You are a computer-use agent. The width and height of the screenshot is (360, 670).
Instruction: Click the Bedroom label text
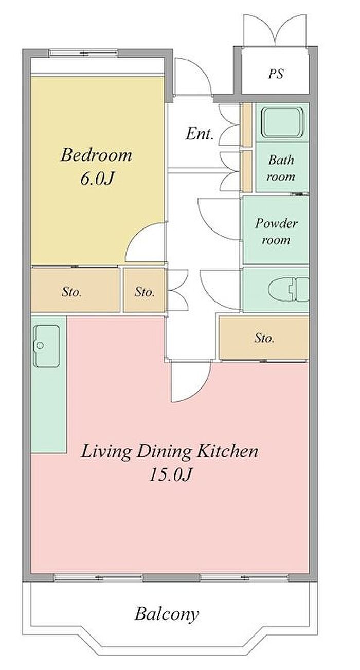coord(96,155)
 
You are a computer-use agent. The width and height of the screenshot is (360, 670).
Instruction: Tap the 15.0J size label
coord(170,474)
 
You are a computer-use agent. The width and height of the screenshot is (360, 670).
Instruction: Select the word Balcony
coord(167,607)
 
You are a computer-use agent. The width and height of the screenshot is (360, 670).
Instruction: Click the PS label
coord(276,74)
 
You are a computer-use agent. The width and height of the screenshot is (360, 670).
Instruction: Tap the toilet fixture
coord(289,290)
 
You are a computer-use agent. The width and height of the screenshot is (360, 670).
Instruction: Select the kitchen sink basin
coord(47,346)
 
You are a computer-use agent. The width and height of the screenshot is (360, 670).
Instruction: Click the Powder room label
coord(276,232)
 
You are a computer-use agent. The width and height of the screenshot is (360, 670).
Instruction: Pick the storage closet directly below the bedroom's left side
coord(76,290)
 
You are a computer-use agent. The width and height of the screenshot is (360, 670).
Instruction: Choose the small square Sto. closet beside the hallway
coord(145,290)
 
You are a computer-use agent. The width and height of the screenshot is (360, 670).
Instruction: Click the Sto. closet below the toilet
coord(264,338)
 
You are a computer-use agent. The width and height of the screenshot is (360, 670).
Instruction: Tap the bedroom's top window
coord(83,53)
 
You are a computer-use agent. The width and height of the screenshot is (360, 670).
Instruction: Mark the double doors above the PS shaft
coord(275,29)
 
